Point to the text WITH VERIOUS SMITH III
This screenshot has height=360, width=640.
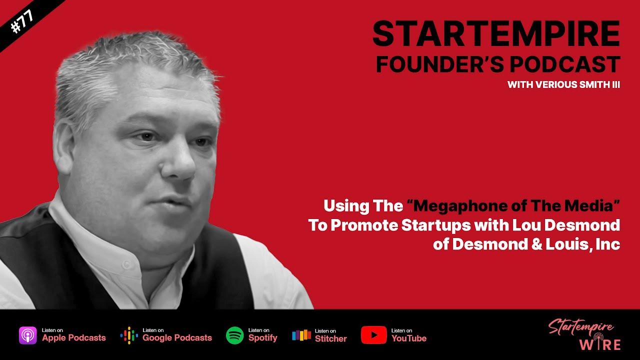(563, 85)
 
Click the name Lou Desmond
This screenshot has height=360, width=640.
(566, 225)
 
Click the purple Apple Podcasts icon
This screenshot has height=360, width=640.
(27, 335)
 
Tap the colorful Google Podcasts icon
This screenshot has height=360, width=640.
(129, 335)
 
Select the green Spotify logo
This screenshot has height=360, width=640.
(235, 335)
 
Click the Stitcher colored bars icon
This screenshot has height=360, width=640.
(301, 335)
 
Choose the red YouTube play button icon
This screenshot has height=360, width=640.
(373, 335)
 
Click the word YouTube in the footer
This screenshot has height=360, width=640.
(408, 338)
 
